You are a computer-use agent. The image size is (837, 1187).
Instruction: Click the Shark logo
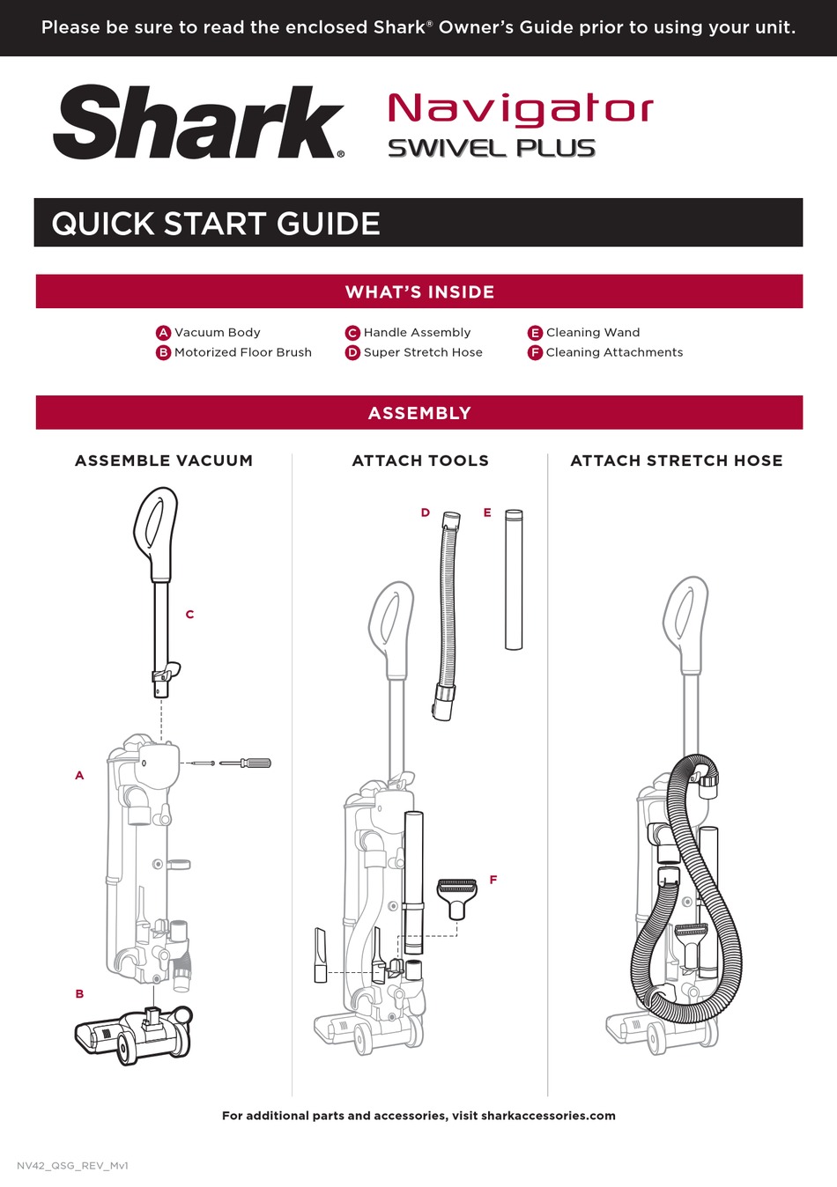199,122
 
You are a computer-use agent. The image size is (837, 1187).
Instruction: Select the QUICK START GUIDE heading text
216,223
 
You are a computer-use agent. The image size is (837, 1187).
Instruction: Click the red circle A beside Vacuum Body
163,333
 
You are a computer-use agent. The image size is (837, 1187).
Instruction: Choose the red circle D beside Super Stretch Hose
352,353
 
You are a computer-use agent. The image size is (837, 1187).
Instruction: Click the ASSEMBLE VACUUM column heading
164,461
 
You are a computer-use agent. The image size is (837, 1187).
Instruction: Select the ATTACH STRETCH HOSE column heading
677,461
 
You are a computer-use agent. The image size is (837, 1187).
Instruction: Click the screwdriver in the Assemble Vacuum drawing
245,763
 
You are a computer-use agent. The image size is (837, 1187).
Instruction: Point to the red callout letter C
189,614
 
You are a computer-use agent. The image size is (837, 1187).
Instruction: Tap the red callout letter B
79,993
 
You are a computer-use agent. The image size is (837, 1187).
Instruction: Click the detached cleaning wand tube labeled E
514,579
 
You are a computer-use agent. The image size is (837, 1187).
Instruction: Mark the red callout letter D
426,512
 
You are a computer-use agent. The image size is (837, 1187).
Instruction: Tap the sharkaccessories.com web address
548,1116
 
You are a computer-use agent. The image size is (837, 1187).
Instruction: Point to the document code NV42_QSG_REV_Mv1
72,1166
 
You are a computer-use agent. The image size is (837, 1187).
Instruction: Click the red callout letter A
79,775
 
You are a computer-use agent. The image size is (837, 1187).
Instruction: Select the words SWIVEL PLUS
492,148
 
